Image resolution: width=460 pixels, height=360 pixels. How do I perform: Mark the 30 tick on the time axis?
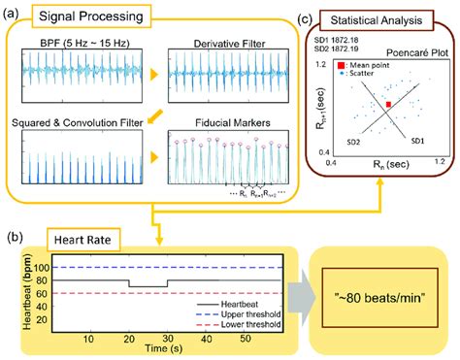pyautogui.click(x=168, y=338)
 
